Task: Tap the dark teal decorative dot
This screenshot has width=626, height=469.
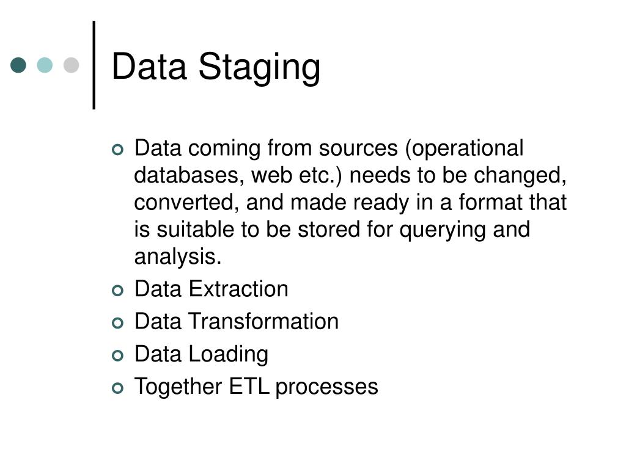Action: [19, 65]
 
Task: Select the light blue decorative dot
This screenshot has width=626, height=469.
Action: [45, 65]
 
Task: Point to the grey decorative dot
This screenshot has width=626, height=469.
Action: [72, 65]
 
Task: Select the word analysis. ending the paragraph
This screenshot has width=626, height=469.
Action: [178, 257]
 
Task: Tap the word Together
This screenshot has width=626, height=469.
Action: [178, 387]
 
